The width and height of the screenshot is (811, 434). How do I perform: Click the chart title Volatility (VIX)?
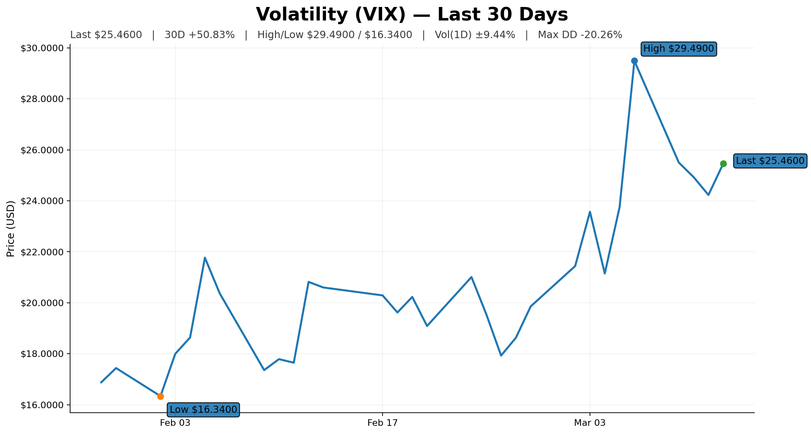(412, 15)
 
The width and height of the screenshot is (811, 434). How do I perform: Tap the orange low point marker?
(160, 396)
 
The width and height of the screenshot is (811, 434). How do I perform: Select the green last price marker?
(723, 164)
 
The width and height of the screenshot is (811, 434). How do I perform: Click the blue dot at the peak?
(634, 61)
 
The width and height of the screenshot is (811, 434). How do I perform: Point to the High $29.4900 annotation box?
(678, 49)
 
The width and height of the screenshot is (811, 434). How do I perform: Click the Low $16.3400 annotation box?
(203, 409)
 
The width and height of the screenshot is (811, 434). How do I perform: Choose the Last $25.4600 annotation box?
(770, 161)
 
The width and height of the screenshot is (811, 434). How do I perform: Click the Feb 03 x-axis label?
(175, 423)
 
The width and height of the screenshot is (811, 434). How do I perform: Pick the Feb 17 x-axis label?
(383, 423)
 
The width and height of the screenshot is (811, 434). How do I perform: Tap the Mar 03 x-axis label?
(590, 423)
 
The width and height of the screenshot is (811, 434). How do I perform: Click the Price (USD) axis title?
(11, 229)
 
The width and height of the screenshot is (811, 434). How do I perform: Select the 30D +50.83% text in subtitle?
(200, 35)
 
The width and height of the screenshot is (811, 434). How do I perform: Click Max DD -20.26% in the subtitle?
(580, 35)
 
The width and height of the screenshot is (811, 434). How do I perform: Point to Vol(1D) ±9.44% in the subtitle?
(475, 35)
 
